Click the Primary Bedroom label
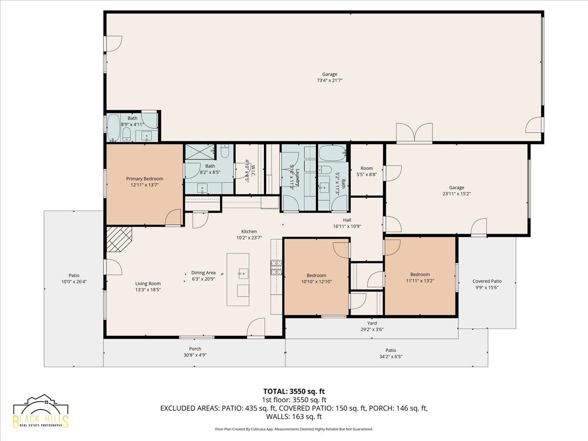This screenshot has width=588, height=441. [x=145, y=179]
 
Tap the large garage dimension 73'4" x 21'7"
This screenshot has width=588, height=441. [x=329, y=80]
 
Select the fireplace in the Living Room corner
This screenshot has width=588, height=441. [x=119, y=239]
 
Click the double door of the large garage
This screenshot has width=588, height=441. [x=415, y=133]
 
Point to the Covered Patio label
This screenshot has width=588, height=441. [x=487, y=281]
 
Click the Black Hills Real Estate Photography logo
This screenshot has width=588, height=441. [x=41, y=413]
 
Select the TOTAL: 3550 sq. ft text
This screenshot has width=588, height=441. [x=294, y=391]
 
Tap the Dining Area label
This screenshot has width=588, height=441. [x=203, y=273]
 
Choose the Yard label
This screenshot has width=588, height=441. [x=372, y=323]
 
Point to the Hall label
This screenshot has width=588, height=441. [x=347, y=220]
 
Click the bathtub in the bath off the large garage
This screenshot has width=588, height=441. [x=114, y=128]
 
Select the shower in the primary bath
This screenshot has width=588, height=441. [x=199, y=153]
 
